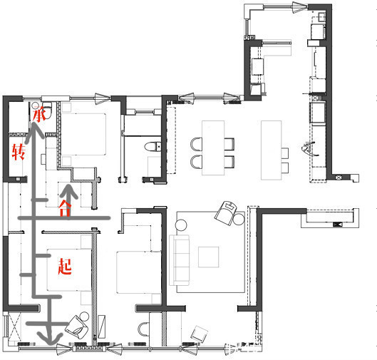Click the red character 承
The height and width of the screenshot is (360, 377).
tap(39, 114)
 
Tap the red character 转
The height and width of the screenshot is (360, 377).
tap(19, 152)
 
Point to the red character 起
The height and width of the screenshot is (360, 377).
tap(65, 267)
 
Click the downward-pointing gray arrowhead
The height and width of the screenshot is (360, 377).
tap(51, 338)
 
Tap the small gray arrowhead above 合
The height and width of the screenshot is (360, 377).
tap(68, 192)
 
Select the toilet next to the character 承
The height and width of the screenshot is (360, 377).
tap(46, 110)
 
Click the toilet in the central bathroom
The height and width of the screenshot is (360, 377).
tap(153, 146)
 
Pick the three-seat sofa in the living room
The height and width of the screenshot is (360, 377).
tap(179, 260)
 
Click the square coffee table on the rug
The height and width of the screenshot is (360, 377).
tap(209, 257)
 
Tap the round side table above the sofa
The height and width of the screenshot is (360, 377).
tap(181, 225)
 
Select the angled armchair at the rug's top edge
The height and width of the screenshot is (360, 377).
tap(227, 212)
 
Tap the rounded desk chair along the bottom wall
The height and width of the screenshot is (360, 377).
tap(144, 329)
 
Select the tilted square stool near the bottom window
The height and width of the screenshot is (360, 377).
tap(200, 334)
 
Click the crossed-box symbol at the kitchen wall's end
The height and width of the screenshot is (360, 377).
tap(339, 178)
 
